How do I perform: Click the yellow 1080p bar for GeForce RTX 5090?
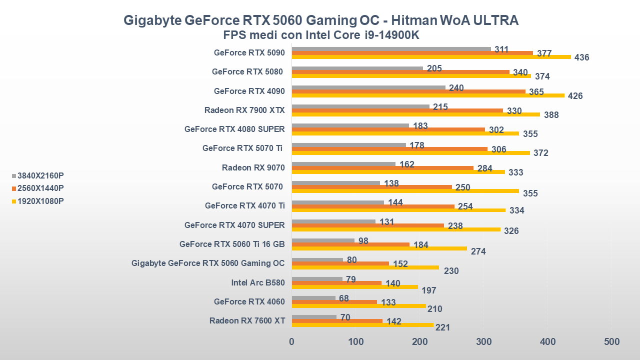431,57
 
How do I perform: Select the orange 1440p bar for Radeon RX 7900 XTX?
397,110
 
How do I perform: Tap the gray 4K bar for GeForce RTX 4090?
368,87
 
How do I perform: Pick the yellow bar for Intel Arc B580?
354,287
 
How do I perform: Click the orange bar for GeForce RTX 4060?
334,302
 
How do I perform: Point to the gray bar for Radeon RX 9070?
343,163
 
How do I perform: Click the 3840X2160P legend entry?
40,175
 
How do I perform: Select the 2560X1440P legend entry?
40,188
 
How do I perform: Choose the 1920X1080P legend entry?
40,201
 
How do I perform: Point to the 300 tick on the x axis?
483,342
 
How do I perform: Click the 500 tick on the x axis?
611,342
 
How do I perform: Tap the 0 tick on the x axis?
292,342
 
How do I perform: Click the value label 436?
582,57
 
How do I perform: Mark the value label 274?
478,251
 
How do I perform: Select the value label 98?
363,241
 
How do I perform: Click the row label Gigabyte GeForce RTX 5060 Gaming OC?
208,263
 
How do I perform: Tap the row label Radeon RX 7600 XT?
247,320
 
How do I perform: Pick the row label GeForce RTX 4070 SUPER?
234,225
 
